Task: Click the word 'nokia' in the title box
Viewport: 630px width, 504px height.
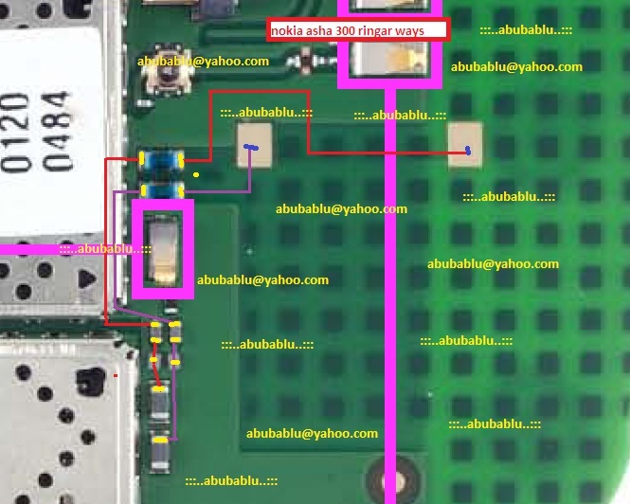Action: coord(286,30)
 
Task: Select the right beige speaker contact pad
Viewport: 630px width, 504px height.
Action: coord(465,147)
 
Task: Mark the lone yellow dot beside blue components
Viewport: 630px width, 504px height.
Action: coord(196,174)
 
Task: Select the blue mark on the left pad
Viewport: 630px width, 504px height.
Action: coord(249,147)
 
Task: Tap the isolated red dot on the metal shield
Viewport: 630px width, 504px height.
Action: coord(117,376)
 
